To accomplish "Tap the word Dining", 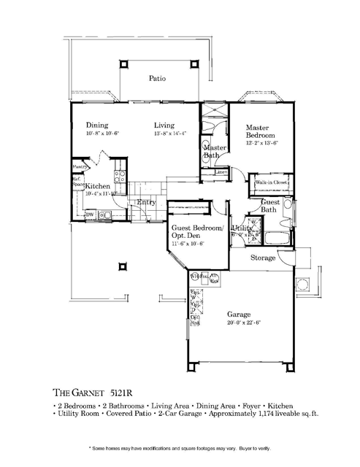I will pos(97,125).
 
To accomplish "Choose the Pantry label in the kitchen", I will pos(80,166).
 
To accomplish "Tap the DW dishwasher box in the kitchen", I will pos(90,215).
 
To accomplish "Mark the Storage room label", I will pos(263,258).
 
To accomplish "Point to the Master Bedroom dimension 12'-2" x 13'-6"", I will pos(260,144).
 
